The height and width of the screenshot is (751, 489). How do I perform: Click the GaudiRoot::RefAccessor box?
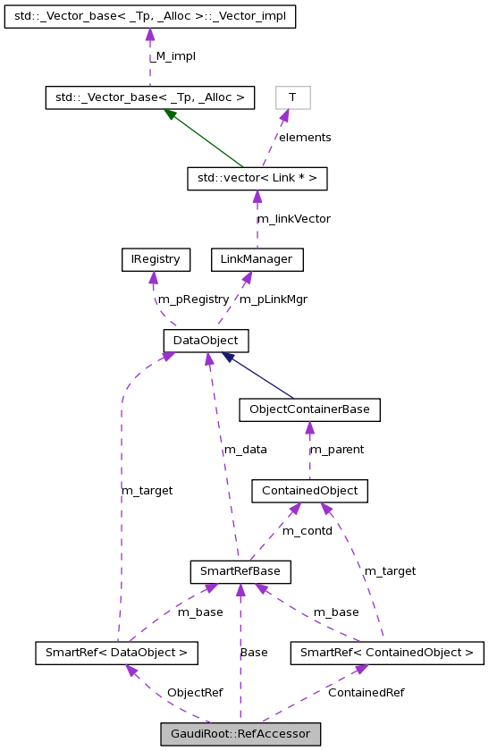coord(240,735)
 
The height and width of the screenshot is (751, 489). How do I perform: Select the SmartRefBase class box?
coord(240,570)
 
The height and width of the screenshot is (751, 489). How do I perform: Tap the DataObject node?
coord(206,341)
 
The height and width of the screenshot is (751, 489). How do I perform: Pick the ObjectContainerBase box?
coord(309,409)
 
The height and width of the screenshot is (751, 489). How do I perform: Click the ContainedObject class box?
coord(309,491)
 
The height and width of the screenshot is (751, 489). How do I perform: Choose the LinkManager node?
coord(257,260)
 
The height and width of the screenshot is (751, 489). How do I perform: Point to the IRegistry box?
coord(156,260)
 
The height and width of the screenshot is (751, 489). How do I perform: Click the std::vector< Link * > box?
coord(257,179)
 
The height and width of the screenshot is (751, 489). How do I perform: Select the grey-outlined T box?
coord(292,97)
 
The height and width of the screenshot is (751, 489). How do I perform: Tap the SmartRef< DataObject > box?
coord(115,653)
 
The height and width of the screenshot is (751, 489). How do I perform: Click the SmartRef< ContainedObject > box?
coord(386,653)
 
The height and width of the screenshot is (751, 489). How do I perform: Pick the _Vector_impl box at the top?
coord(149,16)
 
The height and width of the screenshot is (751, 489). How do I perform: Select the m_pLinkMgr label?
coord(273,300)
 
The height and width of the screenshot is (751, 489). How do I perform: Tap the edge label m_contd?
coord(307,531)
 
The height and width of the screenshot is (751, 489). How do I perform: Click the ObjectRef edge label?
coord(194,692)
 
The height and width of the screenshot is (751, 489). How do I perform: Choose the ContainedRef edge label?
coord(366,692)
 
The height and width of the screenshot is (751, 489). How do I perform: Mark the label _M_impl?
coord(173,56)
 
